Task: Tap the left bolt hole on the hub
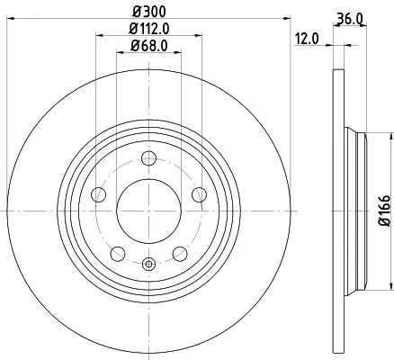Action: (101, 195)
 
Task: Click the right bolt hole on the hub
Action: (198, 195)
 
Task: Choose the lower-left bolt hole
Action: (119, 252)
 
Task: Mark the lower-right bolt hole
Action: (180, 252)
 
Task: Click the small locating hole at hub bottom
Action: (149, 264)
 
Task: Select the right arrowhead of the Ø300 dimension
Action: (282, 16)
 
